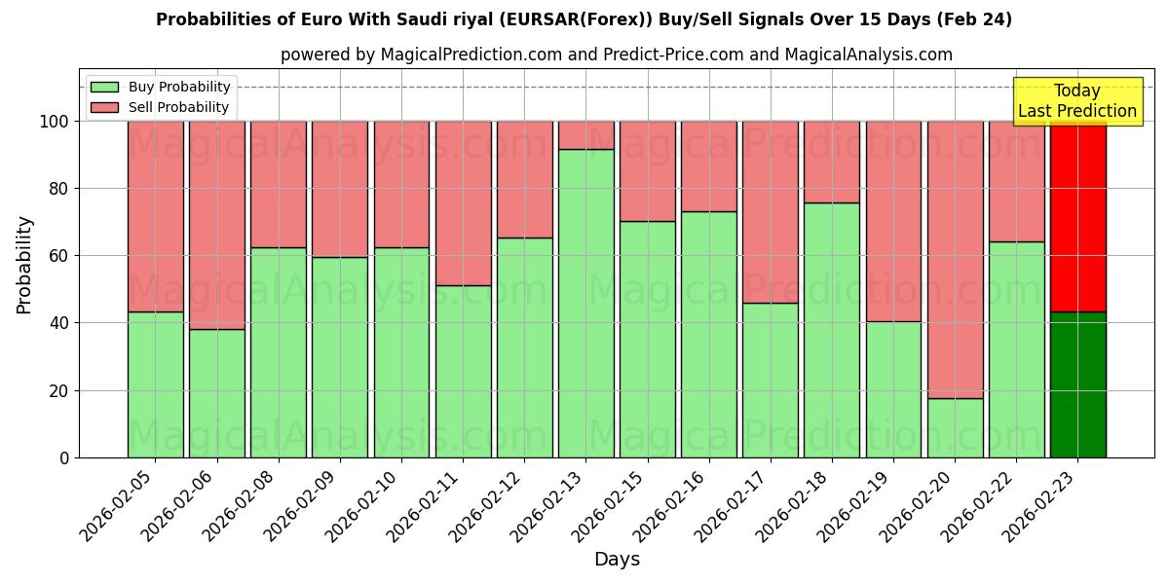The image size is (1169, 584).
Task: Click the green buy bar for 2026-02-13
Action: pos(585,303)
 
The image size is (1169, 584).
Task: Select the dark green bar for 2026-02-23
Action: pos(1077,384)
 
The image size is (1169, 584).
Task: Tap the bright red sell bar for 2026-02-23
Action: pos(1077,216)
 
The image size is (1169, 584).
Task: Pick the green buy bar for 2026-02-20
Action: pos(955,427)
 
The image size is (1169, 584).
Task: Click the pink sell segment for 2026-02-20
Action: pos(955,259)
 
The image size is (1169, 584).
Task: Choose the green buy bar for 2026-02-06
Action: pos(216,393)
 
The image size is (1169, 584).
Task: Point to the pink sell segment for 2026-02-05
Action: pos(155,216)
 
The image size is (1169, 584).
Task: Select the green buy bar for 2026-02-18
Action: pos(832,330)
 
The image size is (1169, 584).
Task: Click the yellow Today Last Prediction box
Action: pos(1076,101)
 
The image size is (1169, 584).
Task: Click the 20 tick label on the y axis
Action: pos(59,390)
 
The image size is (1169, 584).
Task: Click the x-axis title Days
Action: pos(617,560)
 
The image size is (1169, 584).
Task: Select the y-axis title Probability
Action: pos(24,265)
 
